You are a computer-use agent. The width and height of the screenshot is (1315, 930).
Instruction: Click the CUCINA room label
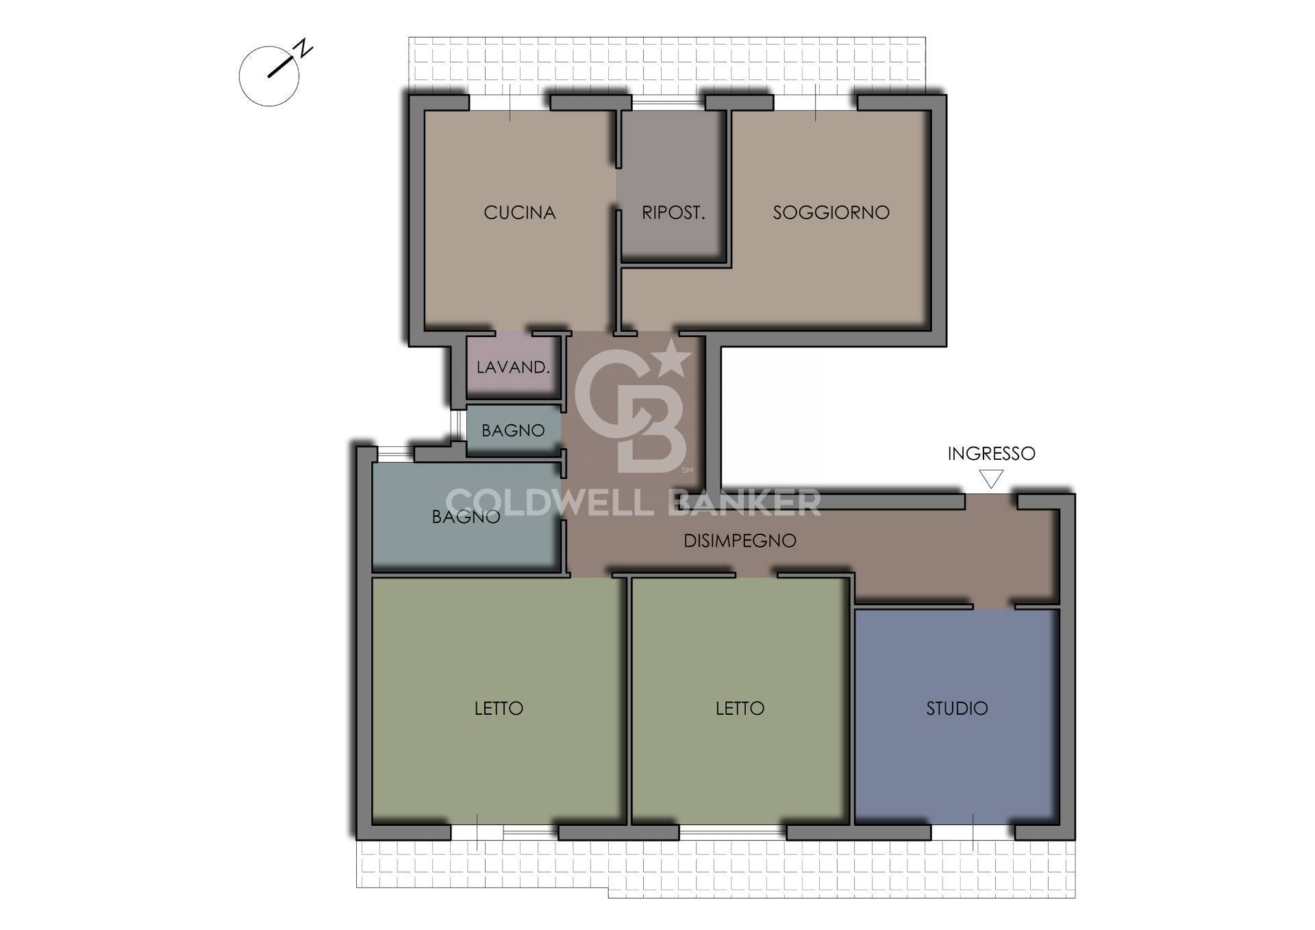click(519, 212)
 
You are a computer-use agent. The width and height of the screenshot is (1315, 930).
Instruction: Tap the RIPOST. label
click(673, 212)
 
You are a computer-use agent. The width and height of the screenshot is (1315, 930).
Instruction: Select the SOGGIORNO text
click(831, 212)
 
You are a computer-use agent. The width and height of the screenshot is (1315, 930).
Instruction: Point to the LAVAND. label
click(513, 367)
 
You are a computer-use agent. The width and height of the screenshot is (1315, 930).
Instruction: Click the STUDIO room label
click(957, 708)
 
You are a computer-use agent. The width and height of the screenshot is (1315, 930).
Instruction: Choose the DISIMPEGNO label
click(740, 541)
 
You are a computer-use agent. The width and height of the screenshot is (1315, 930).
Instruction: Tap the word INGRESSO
click(991, 453)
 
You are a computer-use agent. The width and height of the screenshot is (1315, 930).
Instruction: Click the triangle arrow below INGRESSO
click(991, 478)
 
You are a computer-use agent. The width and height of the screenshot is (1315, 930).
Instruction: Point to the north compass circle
click(239, 76)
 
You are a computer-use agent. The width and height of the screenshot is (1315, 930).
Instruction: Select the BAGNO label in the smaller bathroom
click(513, 430)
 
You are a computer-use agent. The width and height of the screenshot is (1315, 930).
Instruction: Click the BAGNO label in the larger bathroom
click(466, 517)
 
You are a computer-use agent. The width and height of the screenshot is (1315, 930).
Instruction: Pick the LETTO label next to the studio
click(740, 708)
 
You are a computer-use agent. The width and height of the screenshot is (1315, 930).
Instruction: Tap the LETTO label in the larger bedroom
click(499, 708)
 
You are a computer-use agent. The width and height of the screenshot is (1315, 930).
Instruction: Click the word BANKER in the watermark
click(744, 502)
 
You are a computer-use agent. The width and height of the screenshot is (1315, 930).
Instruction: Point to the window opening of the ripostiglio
click(668, 103)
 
